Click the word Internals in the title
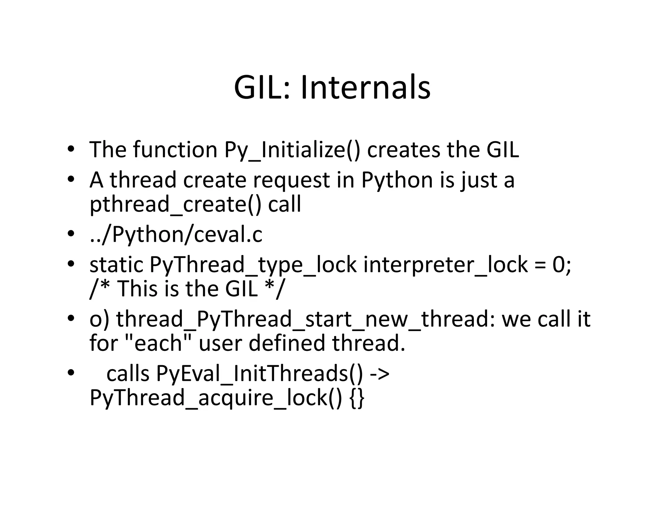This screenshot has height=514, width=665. click(365, 87)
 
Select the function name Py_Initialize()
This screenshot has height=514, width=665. click(292, 150)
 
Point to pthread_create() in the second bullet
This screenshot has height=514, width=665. click(175, 204)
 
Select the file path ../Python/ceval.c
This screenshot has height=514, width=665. click(176, 235)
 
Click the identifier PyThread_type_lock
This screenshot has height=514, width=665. click(253, 265)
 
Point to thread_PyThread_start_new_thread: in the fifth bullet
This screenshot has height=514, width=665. click(306, 319)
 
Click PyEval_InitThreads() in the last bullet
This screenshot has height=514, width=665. click(259, 374)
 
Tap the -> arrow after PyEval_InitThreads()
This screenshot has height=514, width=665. click(380, 374)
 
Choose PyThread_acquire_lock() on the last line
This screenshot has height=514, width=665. click(216, 398)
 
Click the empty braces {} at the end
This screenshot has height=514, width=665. click(357, 398)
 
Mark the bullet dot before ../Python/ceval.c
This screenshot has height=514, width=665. click(71, 234)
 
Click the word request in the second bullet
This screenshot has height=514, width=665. click(291, 180)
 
